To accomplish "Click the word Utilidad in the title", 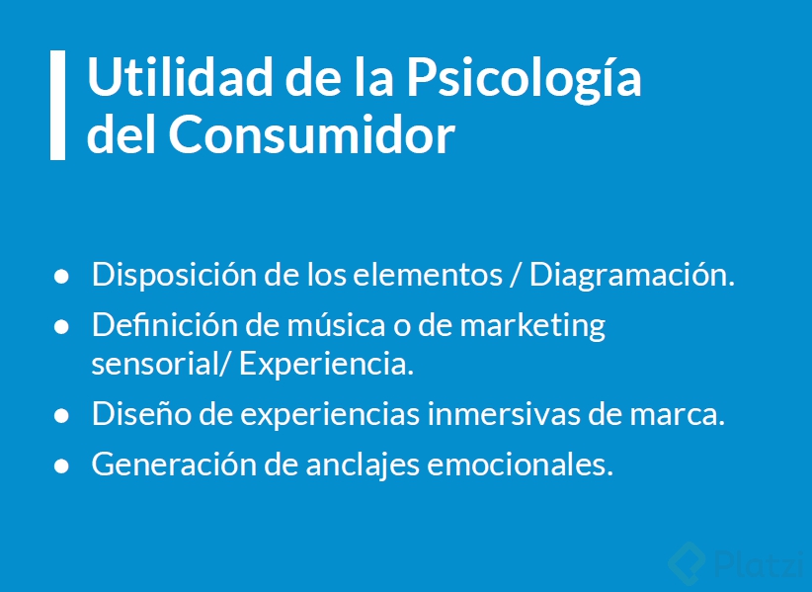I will coord(159,79).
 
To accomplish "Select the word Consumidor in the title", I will coord(311,135).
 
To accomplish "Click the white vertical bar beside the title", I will coord(57,105).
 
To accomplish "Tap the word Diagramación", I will coord(632,275).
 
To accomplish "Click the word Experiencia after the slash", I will coord(326,363).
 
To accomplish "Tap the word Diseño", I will coord(137,414).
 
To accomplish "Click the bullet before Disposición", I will coord(61,277).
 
